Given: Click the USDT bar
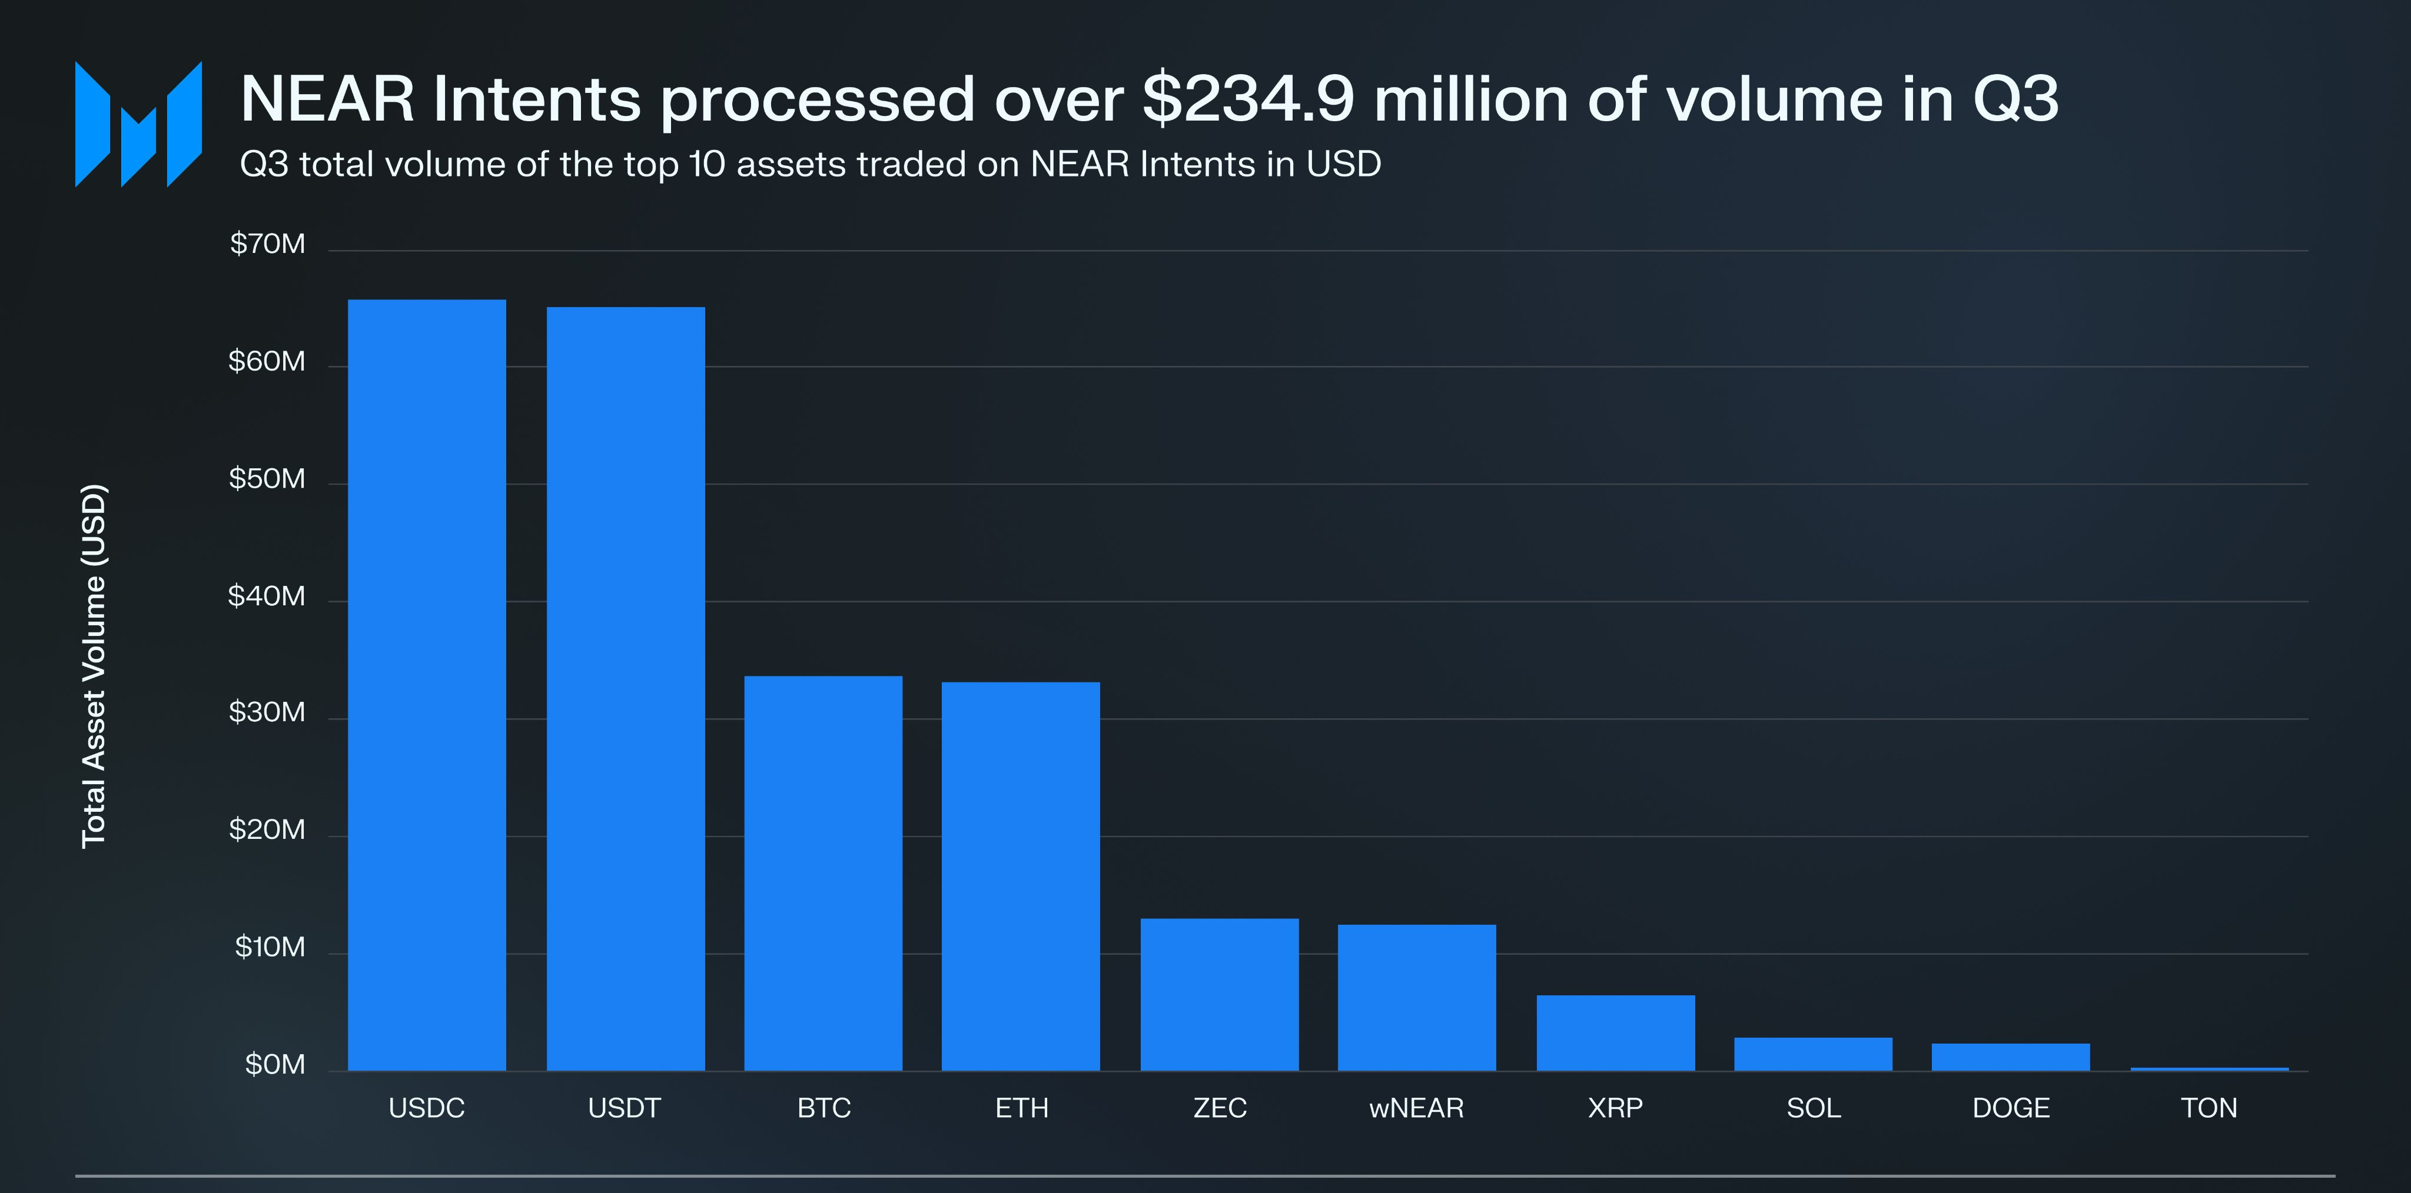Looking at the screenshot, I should (625, 689).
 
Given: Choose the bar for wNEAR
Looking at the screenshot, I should (1417, 998).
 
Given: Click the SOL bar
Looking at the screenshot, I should (1813, 1054).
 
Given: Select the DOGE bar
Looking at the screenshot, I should (2010, 1057).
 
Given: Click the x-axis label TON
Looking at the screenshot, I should (2209, 1108).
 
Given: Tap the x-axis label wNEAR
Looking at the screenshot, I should (1417, 1108).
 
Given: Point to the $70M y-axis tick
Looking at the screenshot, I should (268, 244).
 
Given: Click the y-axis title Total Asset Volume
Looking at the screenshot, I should (94, 666).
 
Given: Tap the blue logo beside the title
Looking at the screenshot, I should (138, 125).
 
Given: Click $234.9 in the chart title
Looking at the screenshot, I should (1248, 98).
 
